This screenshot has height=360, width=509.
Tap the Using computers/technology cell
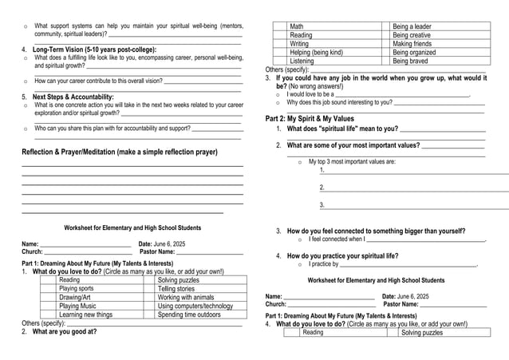(195, 306)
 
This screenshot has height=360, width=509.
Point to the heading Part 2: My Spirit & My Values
(310, 118)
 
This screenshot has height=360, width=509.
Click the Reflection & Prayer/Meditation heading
(120, 152)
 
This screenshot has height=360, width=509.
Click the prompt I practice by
(324, 264)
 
